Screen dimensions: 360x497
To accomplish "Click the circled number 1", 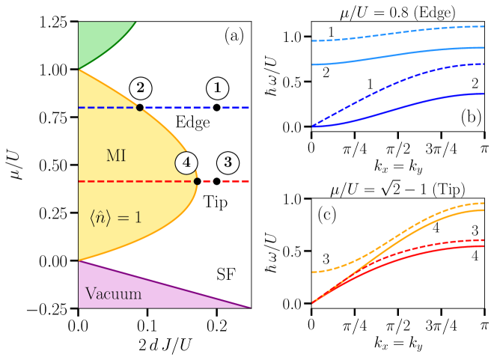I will click(217, 88).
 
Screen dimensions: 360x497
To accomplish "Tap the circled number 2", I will click(140, 88).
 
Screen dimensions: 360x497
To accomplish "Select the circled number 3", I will click(228, 162).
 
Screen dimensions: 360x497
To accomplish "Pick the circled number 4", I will click(186, 162).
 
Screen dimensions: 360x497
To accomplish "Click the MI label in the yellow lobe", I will click(116, 156).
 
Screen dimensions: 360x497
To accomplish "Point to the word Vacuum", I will click(113, 293).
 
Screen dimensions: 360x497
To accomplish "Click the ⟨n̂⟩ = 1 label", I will click(115, 218).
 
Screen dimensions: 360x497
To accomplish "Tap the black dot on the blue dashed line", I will click(140, 108).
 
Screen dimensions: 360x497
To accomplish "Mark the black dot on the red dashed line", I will click(197, 181).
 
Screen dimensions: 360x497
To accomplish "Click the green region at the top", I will click(97, 41).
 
